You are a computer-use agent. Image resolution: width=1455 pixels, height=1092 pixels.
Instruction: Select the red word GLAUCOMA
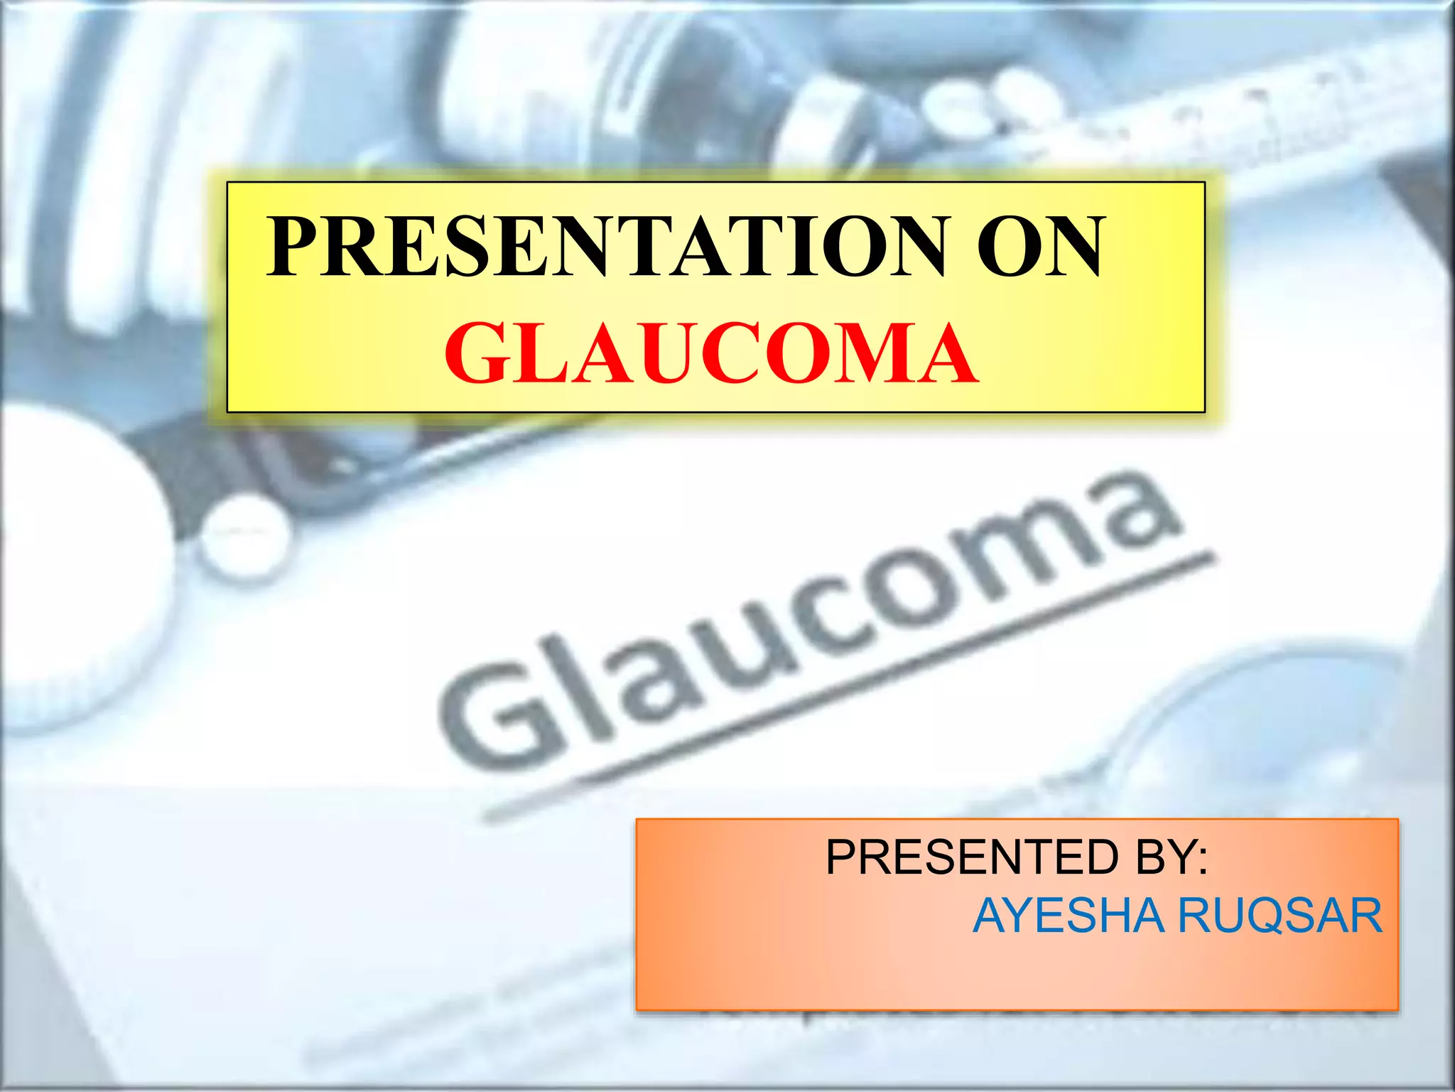(711, 353)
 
